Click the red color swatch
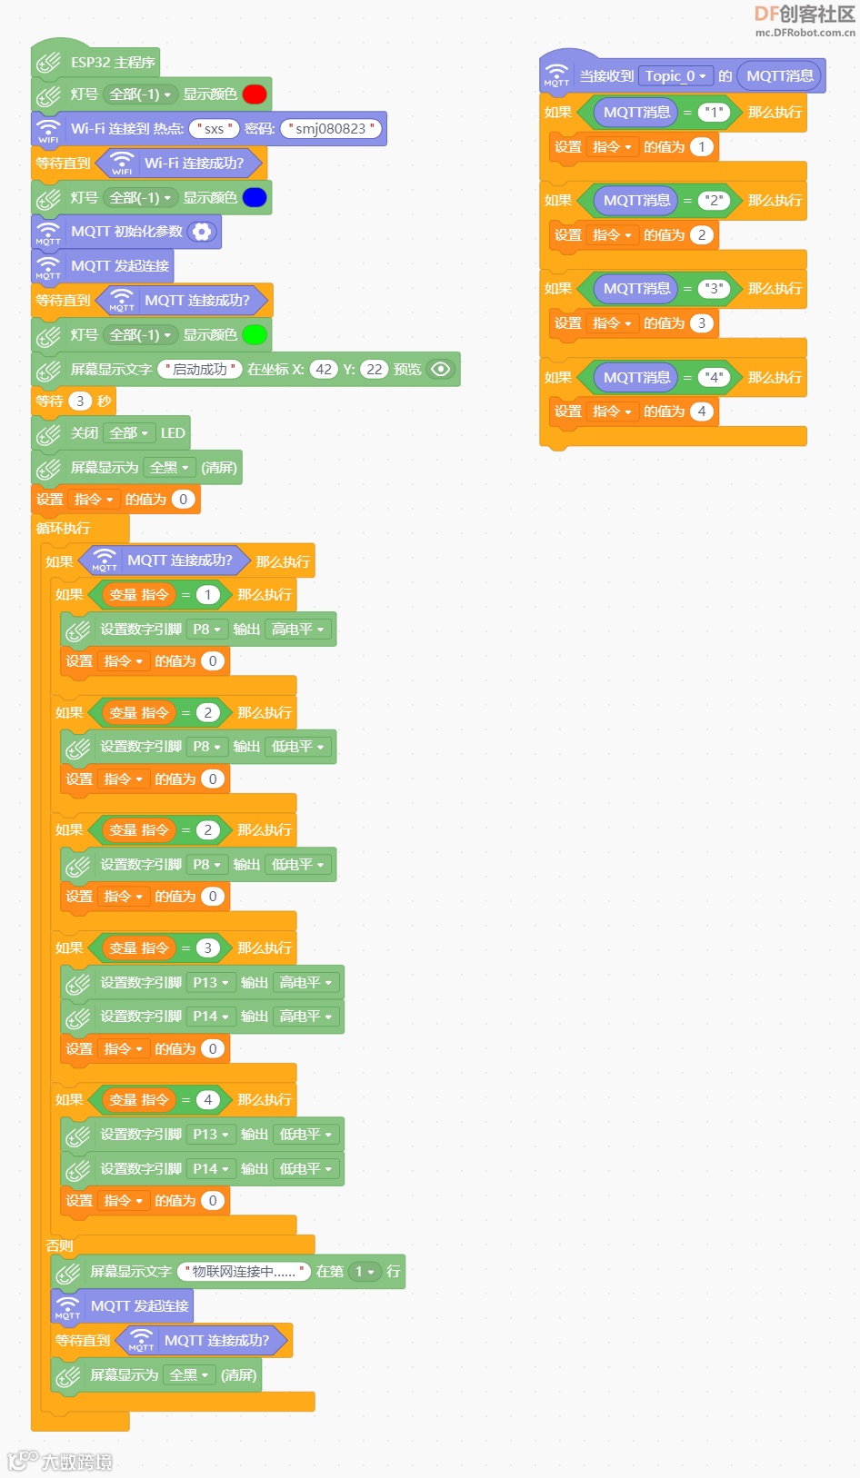pyautogui.click(x=255, y=94)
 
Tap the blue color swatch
pyautogui.click(x=255, y=198)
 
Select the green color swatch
pyautogui.click(x=255, y=335)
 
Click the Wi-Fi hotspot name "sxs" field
pyautogui.click(x=214, y=129)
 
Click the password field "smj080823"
pyautogui.click(x=331, y=129)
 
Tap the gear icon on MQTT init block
pyautogui.click(x=202, y=232)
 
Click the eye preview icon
pyautogui.click(x=441, y=369)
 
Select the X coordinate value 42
pyautogui.click(x=324, y=370)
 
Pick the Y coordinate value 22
pyautogui.click(x=375, y=370)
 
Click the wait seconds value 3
pyautogui.click(x=80, y=402)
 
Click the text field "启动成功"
pyautogui.click(x=200, y=370)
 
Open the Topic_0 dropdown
pyautogui.click(x=675, y=76)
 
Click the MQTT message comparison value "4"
pyautogui.click(x=715, y=378)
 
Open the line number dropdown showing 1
pyautogui.click(x=365, y=1272)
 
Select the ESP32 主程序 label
pyautogui.click(x=113, y=63)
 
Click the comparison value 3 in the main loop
pyautogui.click(x=207, y=948)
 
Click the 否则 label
pyautogui.click(x=60, y=1245)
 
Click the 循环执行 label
pyautogui.click(x=64, y=529)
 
